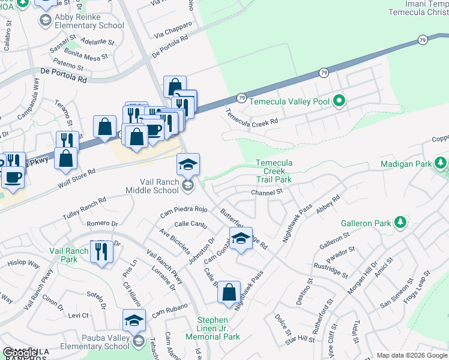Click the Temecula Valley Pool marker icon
tap(339, 101)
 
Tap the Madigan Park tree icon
tap(441, 163)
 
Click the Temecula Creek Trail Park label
tap(274, 171)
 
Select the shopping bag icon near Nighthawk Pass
tap(229, 293)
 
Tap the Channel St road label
tap(267, 192)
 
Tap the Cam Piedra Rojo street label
tap(183, 212)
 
